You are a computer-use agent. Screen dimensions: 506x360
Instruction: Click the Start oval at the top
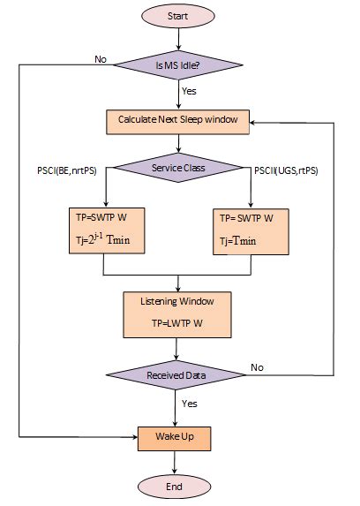[180, 17]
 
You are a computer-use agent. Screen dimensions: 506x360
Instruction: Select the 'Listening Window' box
[179, 313]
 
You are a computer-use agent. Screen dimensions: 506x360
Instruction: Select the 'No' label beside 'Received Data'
[258, 365]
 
